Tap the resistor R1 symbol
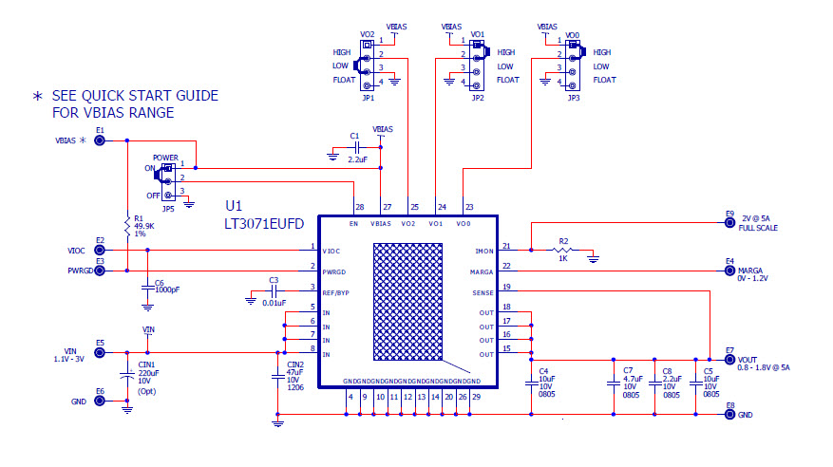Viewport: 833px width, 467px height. click(x=126, y=225)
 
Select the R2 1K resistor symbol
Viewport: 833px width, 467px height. click(x=563, y=252)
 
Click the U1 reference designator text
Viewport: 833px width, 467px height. click(x=235, y=205)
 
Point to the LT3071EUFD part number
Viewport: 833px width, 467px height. click(x=264, y=224)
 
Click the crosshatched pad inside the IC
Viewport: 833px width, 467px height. click(x=408, y=303)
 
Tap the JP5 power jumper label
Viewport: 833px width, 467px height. click(x=167, y=208)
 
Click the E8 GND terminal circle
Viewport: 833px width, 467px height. click(x=729, y=415)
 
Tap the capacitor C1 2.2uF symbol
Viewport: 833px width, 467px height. click(x=354, y=150)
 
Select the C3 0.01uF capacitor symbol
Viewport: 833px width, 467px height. click(x=274, y=292)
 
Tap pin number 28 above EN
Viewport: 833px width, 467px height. click(x=359, y=207)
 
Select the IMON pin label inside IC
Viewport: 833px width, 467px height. click(x=484, y=251)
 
